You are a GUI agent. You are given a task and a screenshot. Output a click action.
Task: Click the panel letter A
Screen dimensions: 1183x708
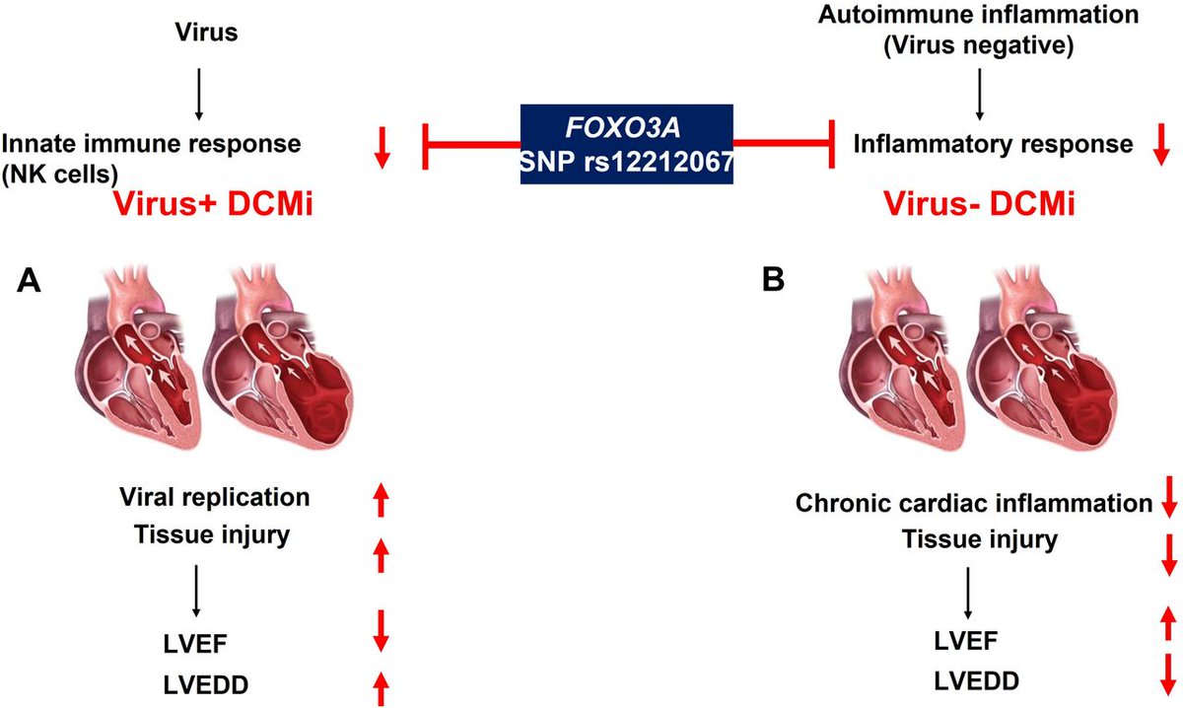click(x=30, y=282)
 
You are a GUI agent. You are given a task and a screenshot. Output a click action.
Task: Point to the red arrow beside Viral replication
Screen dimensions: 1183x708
click(x=382, y=499)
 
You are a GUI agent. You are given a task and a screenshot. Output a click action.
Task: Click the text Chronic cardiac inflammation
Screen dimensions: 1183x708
click(x=973, y=504)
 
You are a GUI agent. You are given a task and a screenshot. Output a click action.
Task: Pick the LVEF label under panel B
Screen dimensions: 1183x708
click(x=963, y=641)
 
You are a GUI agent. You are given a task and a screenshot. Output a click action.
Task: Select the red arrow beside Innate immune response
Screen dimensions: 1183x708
click(x=382, y=144)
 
